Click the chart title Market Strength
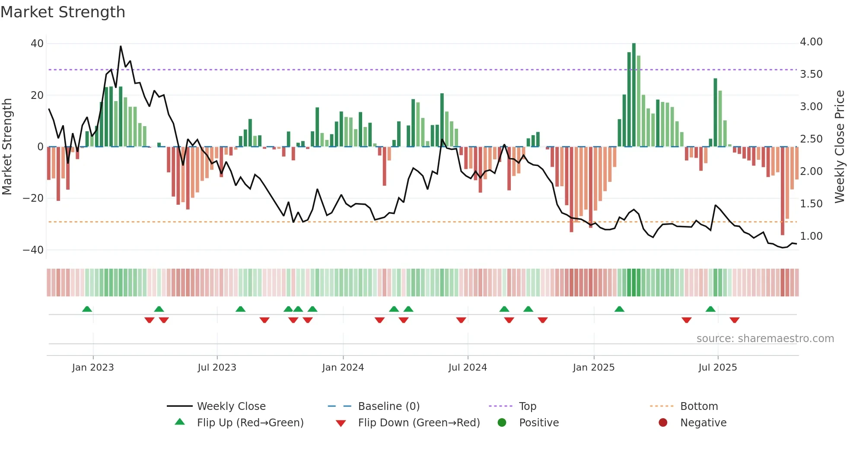point(63,12)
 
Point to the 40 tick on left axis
point(37,44)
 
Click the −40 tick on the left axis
point(33,250)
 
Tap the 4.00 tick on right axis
point(811,42)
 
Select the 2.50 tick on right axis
point(811,139)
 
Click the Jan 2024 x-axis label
point(343,368)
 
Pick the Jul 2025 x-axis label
point(718,368)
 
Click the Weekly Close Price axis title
point(839,146)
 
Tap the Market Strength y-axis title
point(7,146)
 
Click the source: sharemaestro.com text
point(765,339)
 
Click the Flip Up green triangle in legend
point(180,422)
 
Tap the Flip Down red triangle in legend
point(341,423)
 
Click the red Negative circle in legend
point(663,422)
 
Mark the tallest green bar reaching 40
point(634,95)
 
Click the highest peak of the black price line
point(121,46)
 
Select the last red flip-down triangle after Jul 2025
point(735,320)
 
